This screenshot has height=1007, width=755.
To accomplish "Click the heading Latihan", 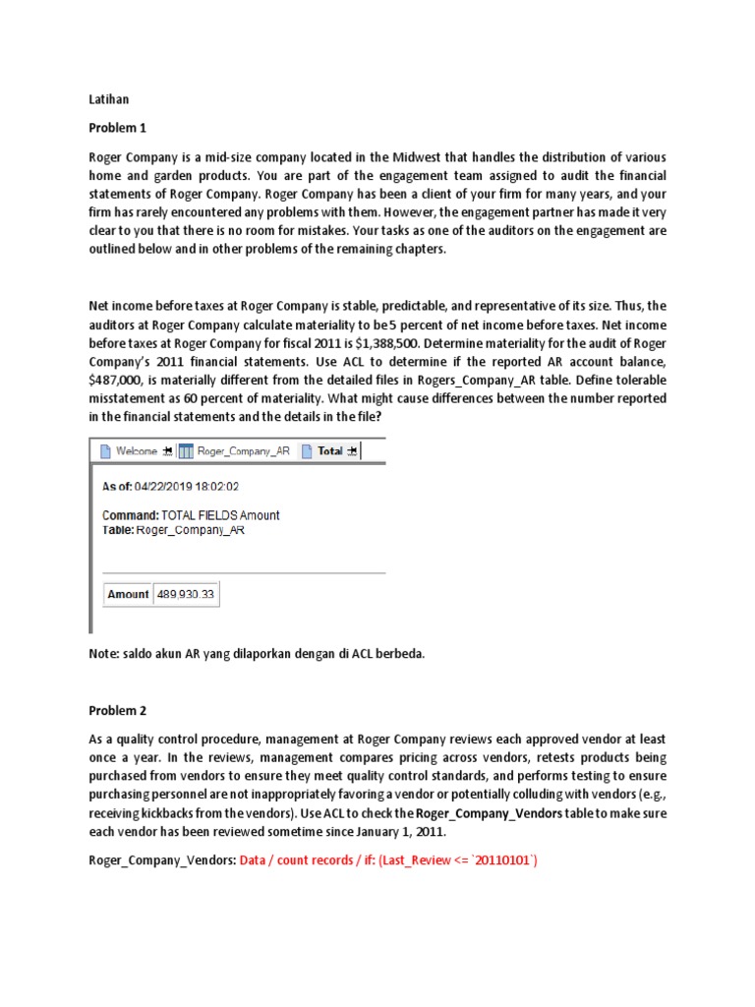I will tap(108, 99).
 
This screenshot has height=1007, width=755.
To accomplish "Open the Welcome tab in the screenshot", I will tap(136, 450).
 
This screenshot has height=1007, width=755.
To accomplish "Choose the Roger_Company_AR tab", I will tap(243, 450).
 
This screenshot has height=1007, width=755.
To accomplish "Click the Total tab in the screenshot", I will tap(329, 450).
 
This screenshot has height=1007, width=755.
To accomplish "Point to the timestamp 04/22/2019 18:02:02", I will tap(194, 486).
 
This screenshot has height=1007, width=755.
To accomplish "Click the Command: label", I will tap(131, 515).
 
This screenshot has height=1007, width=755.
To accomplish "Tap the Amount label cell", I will tap(128, 594).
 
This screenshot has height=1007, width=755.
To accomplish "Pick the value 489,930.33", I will tap(187, 594).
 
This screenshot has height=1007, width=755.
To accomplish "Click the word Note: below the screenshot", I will tap(105, 653).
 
